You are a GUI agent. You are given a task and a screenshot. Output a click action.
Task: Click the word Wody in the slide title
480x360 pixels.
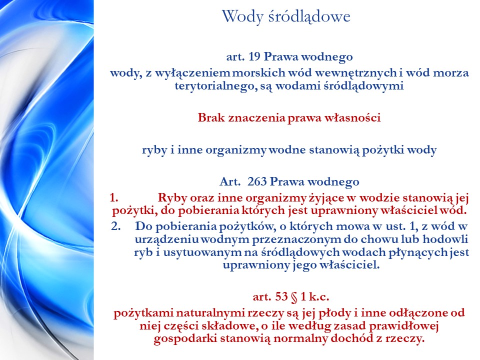coord(242,16)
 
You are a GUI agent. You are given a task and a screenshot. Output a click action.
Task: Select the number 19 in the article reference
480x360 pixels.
coord(254,56)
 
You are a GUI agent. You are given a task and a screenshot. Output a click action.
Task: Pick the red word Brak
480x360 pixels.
coord(211,117)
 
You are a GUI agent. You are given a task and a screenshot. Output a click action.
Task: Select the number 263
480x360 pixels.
coord(257,181)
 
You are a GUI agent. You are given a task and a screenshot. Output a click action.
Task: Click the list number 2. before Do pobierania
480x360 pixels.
coord(115,226)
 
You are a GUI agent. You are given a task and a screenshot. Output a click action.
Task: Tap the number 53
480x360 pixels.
coord(281,296)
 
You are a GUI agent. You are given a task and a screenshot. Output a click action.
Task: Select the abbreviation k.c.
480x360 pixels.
coord(319,296)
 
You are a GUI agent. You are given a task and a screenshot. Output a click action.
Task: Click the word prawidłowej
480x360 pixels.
coord(404,326)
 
